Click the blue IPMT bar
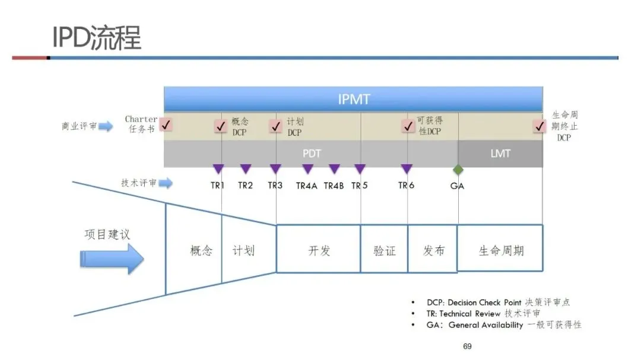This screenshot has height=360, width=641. tap(353, 99)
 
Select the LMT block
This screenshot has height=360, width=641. tap(500, 154)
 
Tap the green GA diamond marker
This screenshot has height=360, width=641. tap(458, 170)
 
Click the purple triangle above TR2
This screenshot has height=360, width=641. tap(246, 169)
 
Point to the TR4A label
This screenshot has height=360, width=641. tap(307, 186)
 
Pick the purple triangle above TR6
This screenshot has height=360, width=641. tap(407, 169)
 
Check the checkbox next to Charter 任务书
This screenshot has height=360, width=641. tap(167, 125)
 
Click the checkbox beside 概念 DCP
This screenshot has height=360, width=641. tap(221, 126)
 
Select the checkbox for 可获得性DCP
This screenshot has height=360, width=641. tap(408, 126)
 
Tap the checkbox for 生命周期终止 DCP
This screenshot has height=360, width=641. tap(540, 126)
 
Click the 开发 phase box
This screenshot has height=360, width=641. tap(319, 250)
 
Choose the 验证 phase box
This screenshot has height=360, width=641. tap(384, 250)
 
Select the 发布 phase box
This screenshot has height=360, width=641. tap(433, 250)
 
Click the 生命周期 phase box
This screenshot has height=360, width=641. tap(501, 249)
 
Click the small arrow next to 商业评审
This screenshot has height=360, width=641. tap(106, 126)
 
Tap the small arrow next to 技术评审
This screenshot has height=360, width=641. tap(166, 183)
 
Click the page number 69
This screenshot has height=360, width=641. tap(467, 346)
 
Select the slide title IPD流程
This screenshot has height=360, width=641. tap(97, 38)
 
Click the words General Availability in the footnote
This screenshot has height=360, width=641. tap(485, 325)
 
